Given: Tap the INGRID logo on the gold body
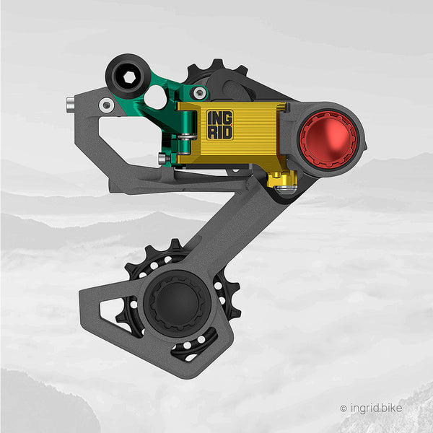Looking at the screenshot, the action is click(x=220, y=125).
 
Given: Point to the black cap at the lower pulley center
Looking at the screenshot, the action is click(x=177, y=303).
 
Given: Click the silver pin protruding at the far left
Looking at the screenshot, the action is click(x=70, y=105).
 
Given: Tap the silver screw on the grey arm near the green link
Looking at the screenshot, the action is click(x=106, y=105).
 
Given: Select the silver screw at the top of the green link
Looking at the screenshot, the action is click(x=199, y=93).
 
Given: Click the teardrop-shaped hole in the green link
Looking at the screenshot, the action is click(x=155, y=97).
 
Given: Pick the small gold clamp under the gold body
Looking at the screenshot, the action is click(x=282, y=179).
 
